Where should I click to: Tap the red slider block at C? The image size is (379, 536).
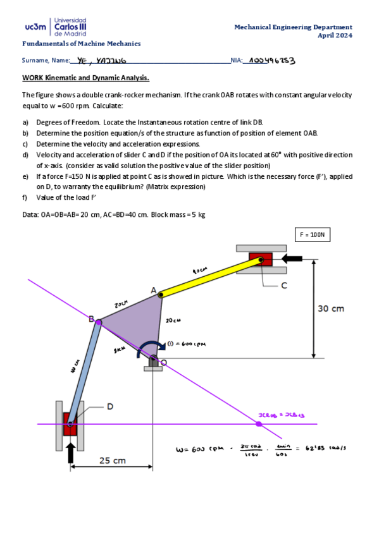pyautogui.click(x=260, y=259)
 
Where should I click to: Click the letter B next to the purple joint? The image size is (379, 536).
pyautogui.click(x=91, y=320)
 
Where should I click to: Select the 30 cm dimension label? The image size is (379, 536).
pyautogui.click(x=331, y=308)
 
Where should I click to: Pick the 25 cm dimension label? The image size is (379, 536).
pyautogui.click(x=113, y=461)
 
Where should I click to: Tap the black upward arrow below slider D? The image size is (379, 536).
pyautogui.click(x=71, y=451)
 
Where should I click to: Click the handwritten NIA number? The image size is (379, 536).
pyautogui.click(x=273, y=61)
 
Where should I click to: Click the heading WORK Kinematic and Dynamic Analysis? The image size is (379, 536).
pyautogui.click(x=85, y=78)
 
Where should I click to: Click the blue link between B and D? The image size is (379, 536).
pyautogui.click(x=84, y=373)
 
